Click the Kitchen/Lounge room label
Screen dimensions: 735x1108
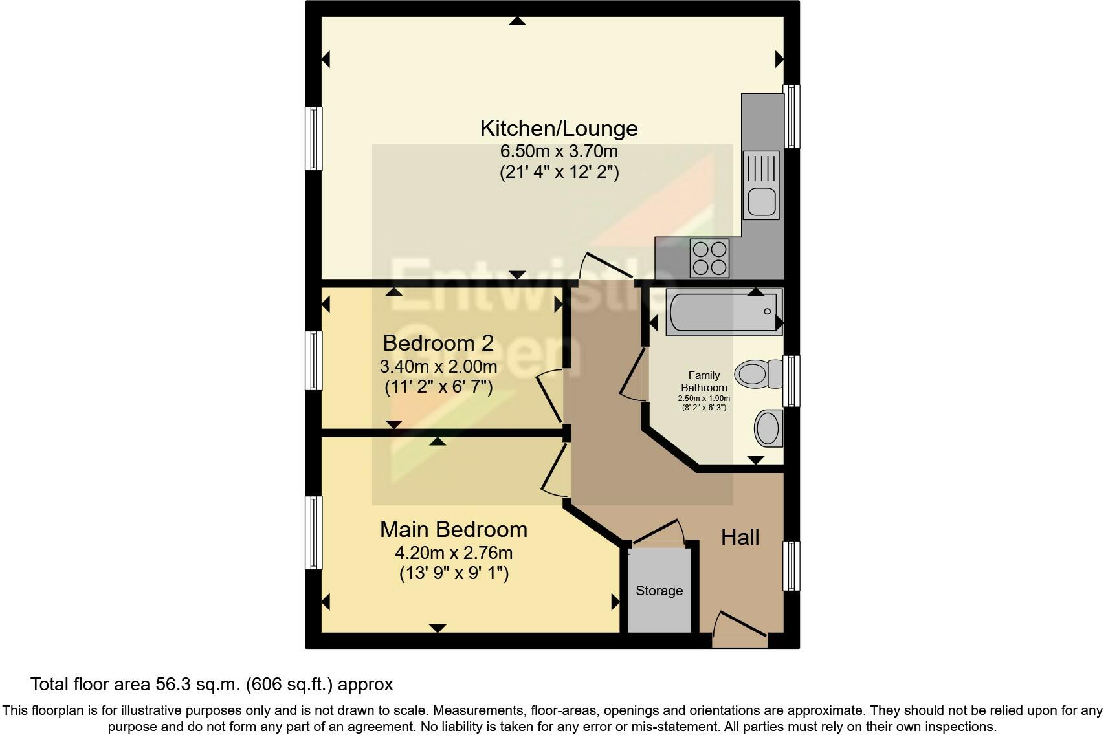559,128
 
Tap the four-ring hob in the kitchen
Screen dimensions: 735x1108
709,258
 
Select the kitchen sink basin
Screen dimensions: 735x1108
761,201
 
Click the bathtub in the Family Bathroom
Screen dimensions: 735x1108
724,312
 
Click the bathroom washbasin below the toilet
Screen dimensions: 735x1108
768,428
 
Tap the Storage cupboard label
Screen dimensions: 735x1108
659,591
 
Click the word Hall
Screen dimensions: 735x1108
740,537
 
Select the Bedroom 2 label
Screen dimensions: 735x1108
438,342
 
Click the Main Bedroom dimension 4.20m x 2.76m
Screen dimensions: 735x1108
453,553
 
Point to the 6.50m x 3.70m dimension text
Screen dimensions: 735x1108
559,151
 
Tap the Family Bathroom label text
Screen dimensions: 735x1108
704,381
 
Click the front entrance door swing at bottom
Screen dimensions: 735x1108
738,628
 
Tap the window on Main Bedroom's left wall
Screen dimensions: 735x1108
313,532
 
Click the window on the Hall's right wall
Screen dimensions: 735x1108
791,565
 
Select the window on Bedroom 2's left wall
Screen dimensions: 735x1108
313,360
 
